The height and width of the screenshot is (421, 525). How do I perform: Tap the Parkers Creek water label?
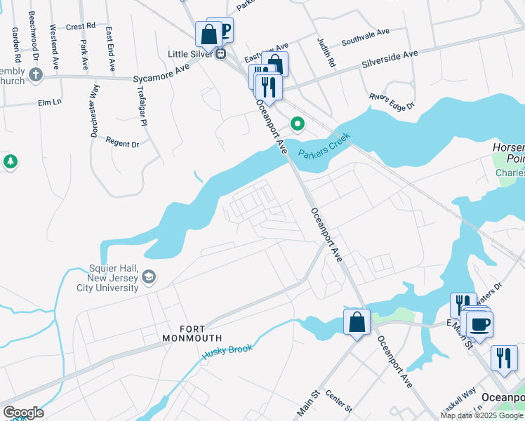tap(324, 147)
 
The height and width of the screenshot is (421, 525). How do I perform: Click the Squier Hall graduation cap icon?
tap(149, 278)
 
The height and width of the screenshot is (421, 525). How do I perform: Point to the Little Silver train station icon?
tap(221, 53)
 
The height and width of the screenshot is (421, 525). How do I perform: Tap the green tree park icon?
tap(10, 162)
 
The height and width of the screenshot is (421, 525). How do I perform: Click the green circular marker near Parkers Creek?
tap(298, 125)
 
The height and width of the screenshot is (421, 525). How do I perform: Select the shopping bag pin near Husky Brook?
tap(357, 323)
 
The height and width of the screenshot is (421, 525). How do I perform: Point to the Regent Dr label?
tap(122, 143)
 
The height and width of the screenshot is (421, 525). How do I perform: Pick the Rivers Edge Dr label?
tap(392, 102)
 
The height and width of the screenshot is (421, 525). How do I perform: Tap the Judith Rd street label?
tap(327, 53)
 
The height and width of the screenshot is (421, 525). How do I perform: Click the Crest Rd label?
tap(81, 26)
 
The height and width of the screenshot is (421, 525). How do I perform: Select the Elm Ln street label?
tap(51, 102)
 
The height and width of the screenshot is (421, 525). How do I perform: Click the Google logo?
tap(23, 413)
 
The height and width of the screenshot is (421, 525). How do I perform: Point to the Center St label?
tap(338, 403)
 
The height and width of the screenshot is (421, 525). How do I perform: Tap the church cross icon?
tap(35, 73)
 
